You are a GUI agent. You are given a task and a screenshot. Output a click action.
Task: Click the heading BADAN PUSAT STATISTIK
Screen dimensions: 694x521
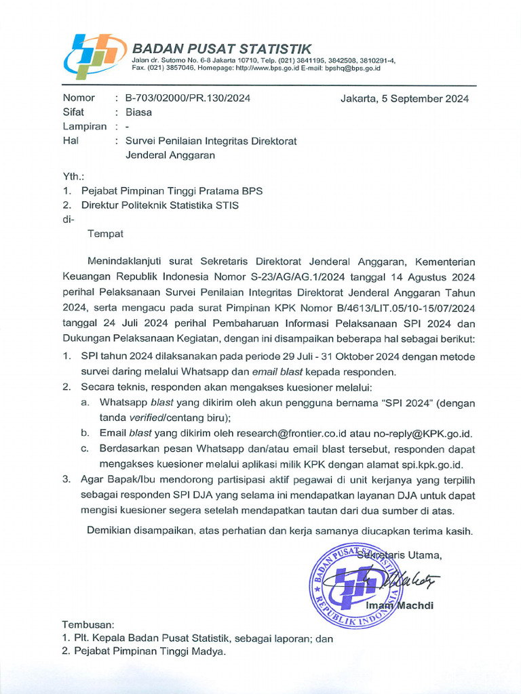pos(222,48)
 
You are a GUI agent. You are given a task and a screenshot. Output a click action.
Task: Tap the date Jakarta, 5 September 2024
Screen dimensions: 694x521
pos(404,98)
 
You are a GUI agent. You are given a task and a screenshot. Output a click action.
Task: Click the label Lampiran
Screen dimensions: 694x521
pos(84,127)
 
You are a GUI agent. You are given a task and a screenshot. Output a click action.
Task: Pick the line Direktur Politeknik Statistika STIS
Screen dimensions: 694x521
pos(160,205)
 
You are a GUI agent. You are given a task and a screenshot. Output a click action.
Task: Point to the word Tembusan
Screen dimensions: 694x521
pos(88,624)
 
